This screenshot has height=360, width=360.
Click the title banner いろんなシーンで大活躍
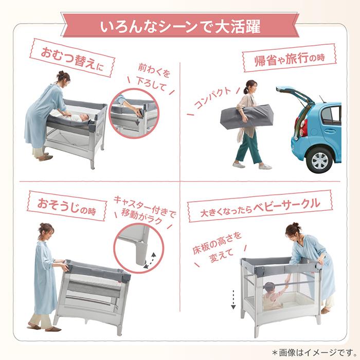(180, 25)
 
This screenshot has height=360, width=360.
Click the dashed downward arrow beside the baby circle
(233, 298)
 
